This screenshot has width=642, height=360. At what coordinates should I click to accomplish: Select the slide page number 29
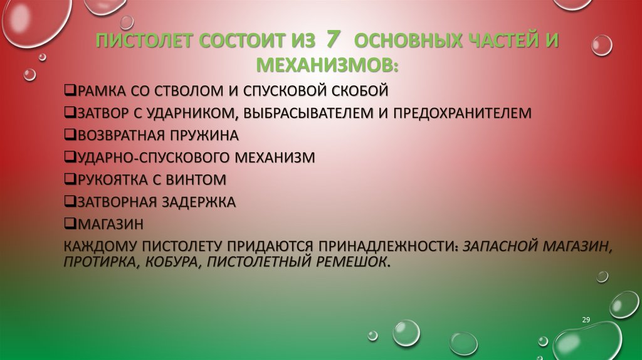point(586,320)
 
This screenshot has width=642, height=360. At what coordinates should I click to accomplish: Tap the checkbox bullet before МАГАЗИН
point(70,223)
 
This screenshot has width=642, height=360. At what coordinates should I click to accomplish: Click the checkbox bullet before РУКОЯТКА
point(70,179)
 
